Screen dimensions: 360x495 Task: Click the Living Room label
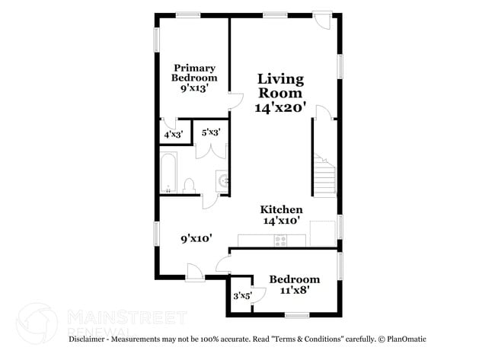pos(280,85)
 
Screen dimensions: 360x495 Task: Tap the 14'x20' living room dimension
pos(280,108)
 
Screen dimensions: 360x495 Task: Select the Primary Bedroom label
pos(193,72)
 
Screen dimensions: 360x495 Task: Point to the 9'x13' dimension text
pos(194,88)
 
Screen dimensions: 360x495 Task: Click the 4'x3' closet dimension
pos(173,135)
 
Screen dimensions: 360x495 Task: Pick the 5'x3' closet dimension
pos(211,132)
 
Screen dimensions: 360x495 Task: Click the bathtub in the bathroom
pos(168,174)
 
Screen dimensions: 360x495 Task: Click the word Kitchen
pos(282,209)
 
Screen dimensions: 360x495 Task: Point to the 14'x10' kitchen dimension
pos(282,221)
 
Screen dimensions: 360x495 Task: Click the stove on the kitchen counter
pos(280,241)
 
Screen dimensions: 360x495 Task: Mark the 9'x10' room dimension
pos(196,238)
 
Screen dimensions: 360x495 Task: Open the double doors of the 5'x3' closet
pos(209,149)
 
